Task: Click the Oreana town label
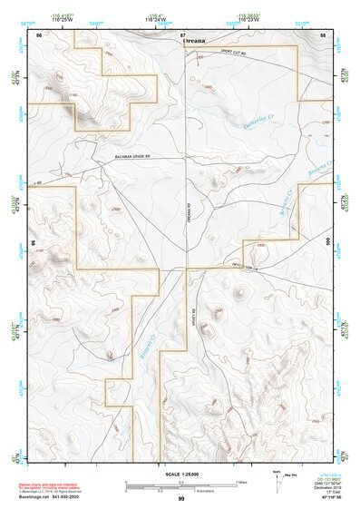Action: [x=194, y=41]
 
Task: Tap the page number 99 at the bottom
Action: [x=181, y=500]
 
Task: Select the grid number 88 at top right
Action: [x=322, y=34]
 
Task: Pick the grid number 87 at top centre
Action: [x=181, y=34]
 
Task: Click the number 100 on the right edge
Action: [x=328, y=241]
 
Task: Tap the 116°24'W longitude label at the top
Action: [x=181, y=19]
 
